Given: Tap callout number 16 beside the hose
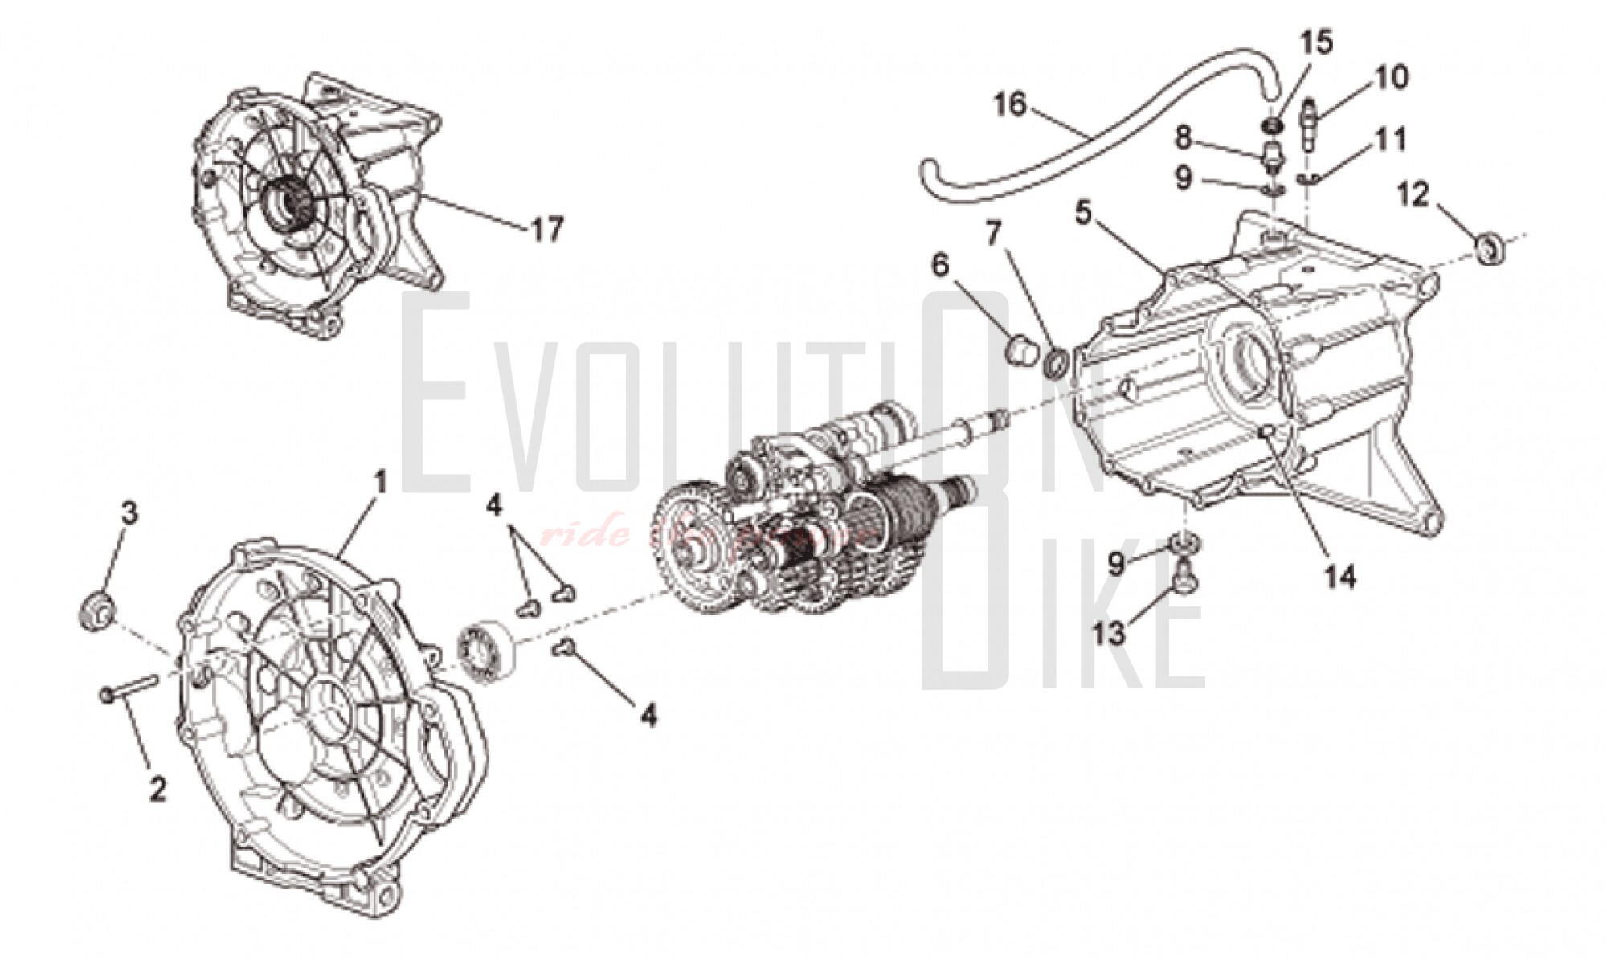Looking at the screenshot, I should (x=1010, y=104).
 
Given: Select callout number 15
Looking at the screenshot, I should (x=1317, y=42).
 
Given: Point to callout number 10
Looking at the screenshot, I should (x=1391, y=78).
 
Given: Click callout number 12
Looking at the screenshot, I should (x=1413, y=194).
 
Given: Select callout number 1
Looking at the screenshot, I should (x=380, y=482).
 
